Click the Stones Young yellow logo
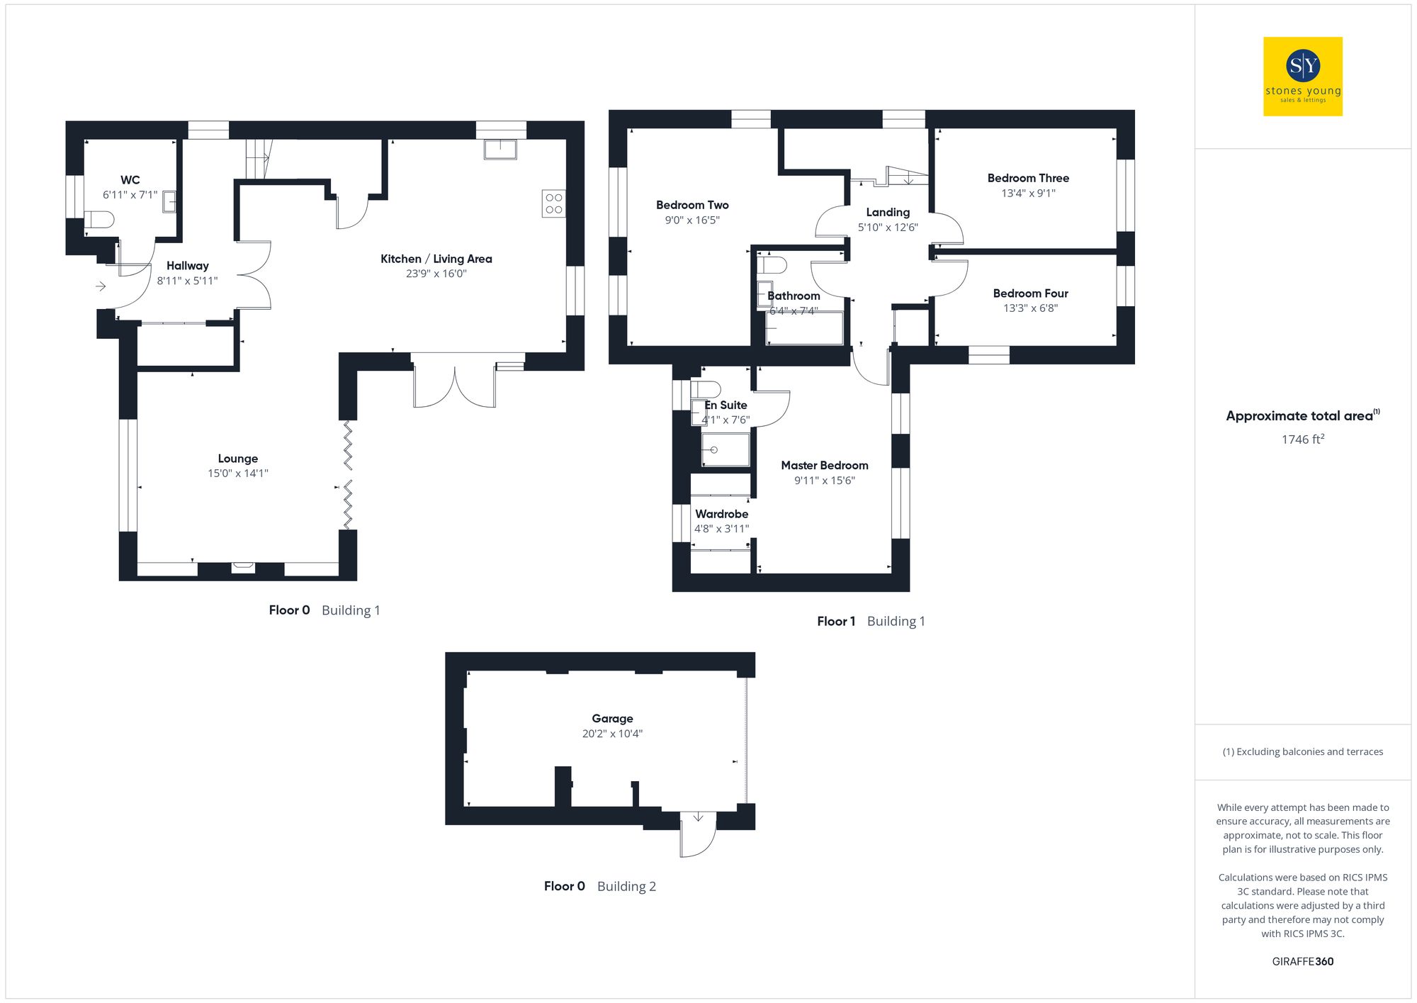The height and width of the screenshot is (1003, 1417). coord(1302,77)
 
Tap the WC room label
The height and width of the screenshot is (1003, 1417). coord(130,180)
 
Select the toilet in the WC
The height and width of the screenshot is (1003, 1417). coord(99,220)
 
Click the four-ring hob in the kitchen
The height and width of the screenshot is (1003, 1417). coord(554,203)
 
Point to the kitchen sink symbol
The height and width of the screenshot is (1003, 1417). coord(500,149)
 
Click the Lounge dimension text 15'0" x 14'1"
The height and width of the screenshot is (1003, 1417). coord(238,474)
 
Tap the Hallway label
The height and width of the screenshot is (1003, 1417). coord(188,266)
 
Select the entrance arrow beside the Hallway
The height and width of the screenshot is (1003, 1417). coord(101,286)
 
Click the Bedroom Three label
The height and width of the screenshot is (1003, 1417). coord(1028,178)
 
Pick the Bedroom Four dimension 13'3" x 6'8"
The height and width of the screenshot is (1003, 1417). coord(1030,308)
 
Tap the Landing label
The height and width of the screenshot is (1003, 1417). coord(888,212)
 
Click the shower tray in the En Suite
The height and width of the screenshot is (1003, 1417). coord(725,450)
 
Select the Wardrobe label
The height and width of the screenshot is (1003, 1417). coord(721,514)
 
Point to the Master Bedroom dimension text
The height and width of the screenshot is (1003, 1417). coord(825,481)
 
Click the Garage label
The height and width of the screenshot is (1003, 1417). coord(612,719)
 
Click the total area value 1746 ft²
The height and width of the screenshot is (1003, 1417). coord(1302,439)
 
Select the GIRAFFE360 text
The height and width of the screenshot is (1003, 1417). coord(1302,962)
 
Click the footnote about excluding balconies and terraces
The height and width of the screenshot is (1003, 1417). coord(1302,752)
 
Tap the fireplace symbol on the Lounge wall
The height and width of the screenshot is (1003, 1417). coord(243,566)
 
